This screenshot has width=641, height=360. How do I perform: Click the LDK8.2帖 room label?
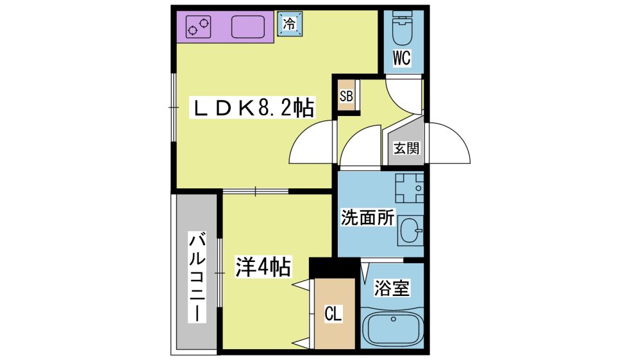(x=252, y=108)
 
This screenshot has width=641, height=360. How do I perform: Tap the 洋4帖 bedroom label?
(x=263, y=267)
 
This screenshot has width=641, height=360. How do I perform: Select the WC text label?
(x=401, y=58)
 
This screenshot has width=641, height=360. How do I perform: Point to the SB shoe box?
(x=346, y=96)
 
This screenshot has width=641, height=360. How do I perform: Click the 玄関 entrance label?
(x=406, y=147)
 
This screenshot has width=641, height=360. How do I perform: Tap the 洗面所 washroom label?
(x=367, y=217)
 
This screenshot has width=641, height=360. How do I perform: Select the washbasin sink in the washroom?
(x=410, y=231)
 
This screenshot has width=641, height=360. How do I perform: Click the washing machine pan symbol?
(x=409, y=188)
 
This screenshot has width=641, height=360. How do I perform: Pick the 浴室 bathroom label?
(x=392, y=288)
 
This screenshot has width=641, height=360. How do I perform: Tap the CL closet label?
(x=333, y=314)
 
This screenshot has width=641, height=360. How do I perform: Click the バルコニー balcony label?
(x=197, y=277)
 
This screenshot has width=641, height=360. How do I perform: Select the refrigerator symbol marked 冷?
(x=290, y=24)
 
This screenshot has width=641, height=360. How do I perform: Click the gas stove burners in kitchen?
(x=198, y=27)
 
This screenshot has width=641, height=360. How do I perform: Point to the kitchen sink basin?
(x=248, y=27)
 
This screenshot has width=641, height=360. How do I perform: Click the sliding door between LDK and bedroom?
(x=256, y=191)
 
